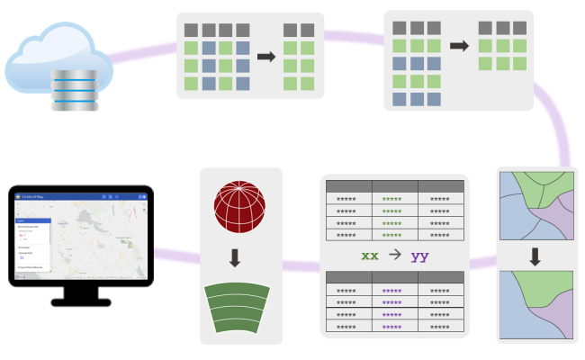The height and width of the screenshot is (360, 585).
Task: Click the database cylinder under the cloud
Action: (x=75, y=91)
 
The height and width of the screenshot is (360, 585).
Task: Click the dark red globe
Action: (x=236, y=209)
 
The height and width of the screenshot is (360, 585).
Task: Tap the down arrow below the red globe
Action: (x=236, y=258)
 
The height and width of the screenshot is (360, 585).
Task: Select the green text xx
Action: (x=370, y=256)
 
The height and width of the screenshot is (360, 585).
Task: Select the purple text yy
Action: (x=419, y=256)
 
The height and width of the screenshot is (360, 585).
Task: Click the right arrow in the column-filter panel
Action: (x=265, y=56)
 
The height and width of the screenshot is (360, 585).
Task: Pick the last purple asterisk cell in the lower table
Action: (x=391, y=327)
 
